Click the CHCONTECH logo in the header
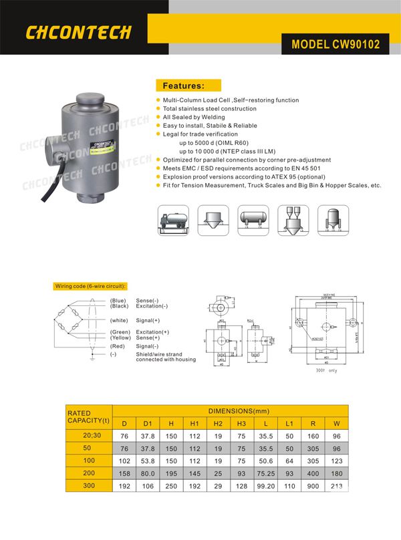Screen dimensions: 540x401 [78, 32]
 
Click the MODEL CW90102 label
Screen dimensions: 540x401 [336, 45]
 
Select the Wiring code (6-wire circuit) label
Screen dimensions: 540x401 [90, 286]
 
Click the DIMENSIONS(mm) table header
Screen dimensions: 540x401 [230, 411]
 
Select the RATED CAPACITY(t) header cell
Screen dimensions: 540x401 [88, 416]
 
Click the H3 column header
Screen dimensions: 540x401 [242, 423]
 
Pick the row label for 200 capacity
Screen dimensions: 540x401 [88, 472]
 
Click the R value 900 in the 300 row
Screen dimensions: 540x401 [313, 485]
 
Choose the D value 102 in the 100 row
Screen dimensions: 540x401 [124, 460]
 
